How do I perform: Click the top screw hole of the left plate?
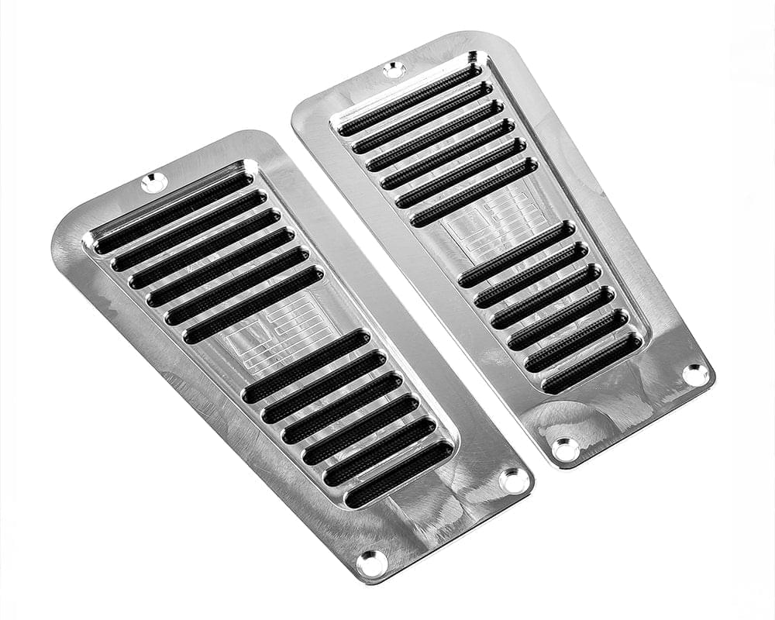tap(153, 183)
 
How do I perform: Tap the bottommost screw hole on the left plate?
tap(372, 563)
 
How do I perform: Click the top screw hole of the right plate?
tap(394, 70)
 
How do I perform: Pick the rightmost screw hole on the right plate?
tap(695, 374)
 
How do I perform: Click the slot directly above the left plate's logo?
tap(253, 305)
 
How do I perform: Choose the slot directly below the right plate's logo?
tap(517, 254)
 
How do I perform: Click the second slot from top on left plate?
tap(189, 231)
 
